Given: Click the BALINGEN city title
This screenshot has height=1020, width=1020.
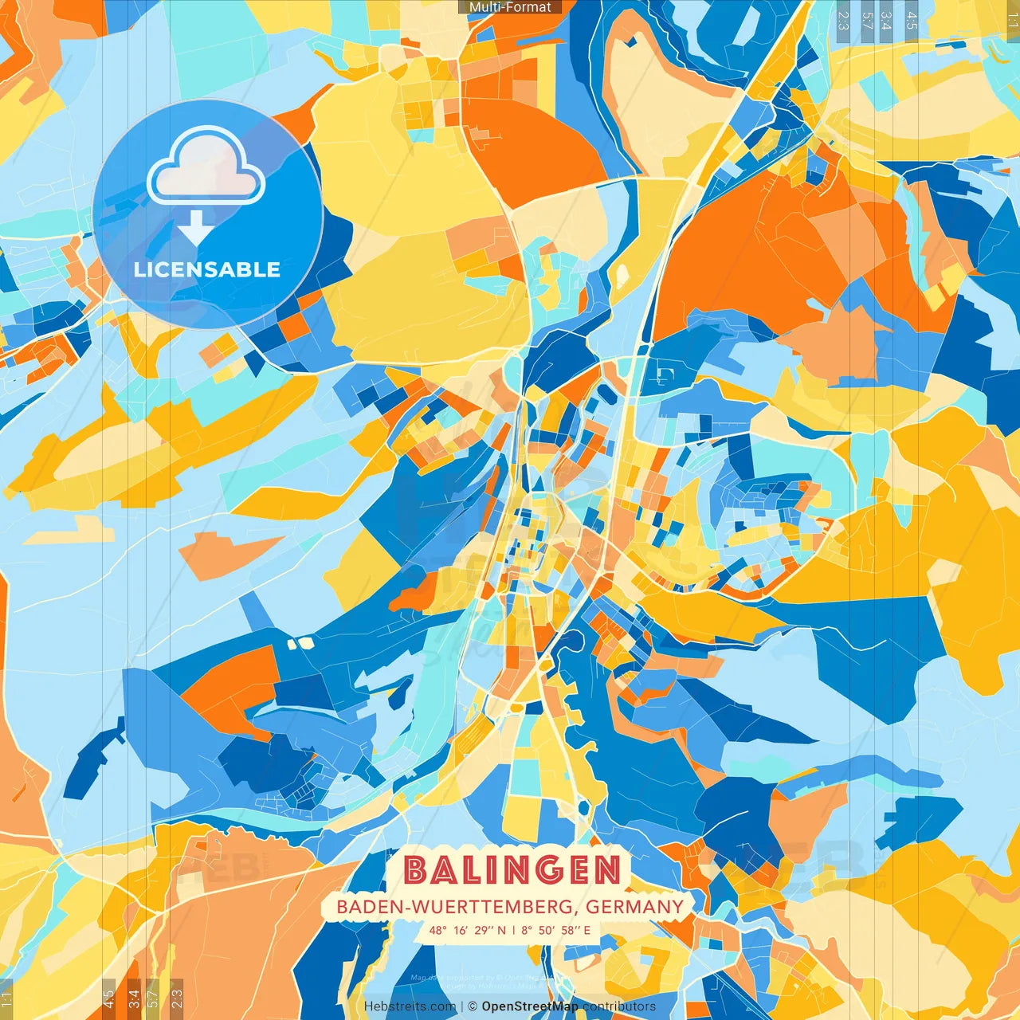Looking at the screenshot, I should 512,870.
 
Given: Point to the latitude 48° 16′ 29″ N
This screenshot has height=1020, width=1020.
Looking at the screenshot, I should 467,930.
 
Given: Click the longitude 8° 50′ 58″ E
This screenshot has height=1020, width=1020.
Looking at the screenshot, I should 556,930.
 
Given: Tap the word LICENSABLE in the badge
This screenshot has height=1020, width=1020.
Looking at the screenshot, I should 207,269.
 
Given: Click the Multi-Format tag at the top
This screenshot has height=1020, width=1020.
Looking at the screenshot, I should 510,7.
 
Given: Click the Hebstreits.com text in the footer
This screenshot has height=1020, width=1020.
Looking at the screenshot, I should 410,1006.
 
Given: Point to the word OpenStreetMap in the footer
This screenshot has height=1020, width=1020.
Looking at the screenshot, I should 530,1006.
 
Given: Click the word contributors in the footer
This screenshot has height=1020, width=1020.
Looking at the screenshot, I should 619,1006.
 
